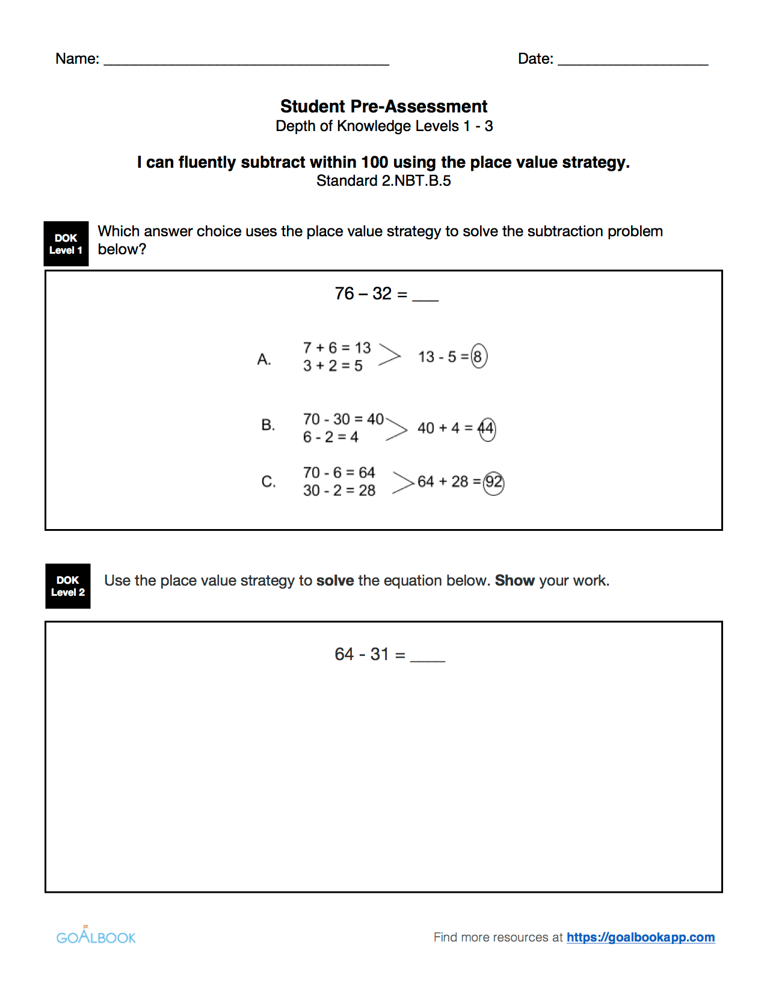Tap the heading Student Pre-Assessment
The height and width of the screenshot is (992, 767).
383,106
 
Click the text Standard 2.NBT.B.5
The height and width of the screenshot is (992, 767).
383,181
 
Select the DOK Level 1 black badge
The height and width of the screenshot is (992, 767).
66,243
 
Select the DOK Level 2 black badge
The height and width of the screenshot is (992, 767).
68,586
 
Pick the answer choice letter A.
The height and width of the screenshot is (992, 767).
264,360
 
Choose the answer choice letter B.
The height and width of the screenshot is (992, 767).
268,425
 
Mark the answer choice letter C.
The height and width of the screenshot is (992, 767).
268,482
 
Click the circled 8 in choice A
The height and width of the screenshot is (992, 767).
478,357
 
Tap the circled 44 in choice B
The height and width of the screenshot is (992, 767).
487,429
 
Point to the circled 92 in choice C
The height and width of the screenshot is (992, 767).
494,482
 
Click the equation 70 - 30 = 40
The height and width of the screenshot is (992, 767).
343,419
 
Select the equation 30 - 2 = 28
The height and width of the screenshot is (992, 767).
339,491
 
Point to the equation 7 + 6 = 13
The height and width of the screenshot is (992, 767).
337,348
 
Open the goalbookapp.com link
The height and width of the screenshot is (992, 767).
640,937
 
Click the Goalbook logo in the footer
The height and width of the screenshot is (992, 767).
96,936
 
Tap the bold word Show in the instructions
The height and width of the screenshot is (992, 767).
514,581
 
